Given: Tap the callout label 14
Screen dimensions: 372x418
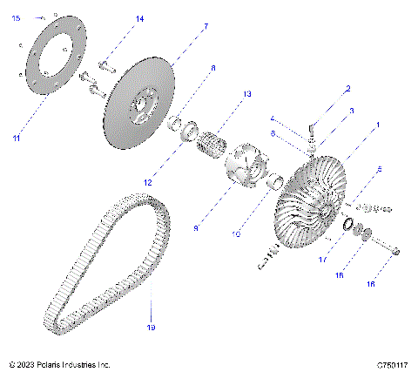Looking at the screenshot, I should click(x=140, y=18).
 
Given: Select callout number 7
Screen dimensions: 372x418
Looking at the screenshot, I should click(x=206, y=28).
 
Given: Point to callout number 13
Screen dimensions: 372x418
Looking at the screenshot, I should click(x=246, y=93).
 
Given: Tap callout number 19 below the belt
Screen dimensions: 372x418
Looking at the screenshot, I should click(x=151, y=328).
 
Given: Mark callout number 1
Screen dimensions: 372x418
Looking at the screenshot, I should click(x=376, y=125).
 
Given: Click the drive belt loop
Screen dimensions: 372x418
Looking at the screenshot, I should click(x=104, y=261).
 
